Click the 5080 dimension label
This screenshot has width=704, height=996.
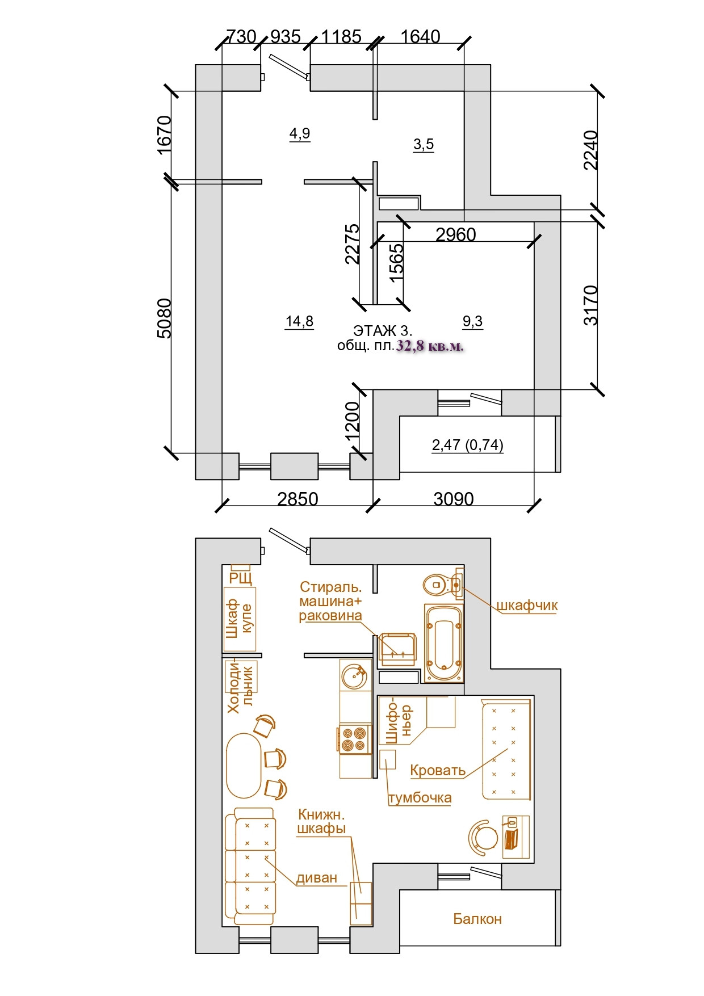pos(164,318)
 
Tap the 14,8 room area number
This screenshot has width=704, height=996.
pos(299,322)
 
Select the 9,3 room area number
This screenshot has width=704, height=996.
pos(472,322)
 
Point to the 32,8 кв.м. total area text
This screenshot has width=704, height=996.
pos(430,346)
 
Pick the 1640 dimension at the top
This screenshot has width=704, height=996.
pos(420,37)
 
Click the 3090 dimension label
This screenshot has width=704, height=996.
pos(453,499)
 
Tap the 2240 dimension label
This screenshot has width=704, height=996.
pos(591,150)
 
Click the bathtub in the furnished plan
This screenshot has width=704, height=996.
pos(444,643)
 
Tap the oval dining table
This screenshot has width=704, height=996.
pos(244,766)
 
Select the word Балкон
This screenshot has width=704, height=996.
pos(477,919)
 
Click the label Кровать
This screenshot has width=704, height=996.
pos(438,770)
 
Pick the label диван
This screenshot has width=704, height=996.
pos(317,878)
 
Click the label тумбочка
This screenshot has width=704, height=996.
pos(420,798)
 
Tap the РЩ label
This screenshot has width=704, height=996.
pos(241,578)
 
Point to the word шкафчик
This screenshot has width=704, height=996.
pos(527,606)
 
